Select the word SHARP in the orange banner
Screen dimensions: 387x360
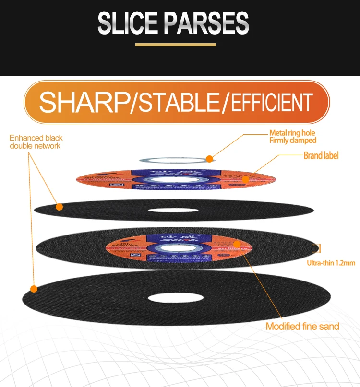84,102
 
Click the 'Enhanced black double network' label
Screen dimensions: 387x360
36,141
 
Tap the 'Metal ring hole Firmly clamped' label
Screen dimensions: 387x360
292,137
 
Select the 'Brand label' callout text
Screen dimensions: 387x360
321,155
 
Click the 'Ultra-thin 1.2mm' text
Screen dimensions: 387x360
331,262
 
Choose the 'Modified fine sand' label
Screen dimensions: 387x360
302,326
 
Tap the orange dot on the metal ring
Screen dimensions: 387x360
209,159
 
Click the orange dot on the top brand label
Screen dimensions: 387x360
246,180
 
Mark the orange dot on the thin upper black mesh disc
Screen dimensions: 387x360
59,207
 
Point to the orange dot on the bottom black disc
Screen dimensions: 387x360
34,289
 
